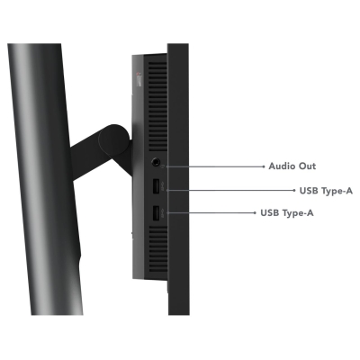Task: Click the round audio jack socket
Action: pos(156,162)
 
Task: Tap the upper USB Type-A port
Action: pos(156,187)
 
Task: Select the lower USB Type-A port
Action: pos(156,214)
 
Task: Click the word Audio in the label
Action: pos(281,166)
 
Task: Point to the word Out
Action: pos(306,166)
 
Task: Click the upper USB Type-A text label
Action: pos(326,191)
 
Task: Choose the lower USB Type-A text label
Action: pos(287,213)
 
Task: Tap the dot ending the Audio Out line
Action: pos(264,166)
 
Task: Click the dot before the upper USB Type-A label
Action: pos(294,190)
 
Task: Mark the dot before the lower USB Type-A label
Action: pos(255,212)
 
